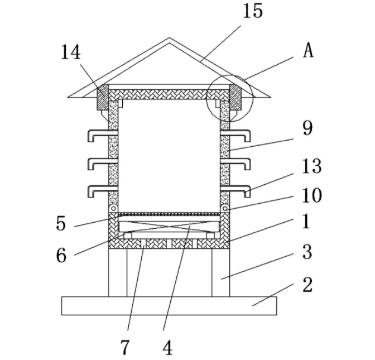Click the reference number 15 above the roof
(252, 11)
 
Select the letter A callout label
(308, 51)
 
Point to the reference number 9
(307, 128)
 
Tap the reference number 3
(307, 252)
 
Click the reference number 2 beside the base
(307, 285)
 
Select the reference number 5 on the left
(61, 224)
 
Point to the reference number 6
(61, 255)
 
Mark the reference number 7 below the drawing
(125, 347)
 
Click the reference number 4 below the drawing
(167, 347)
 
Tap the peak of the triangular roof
(169, 39)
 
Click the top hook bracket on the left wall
(98, 134)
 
